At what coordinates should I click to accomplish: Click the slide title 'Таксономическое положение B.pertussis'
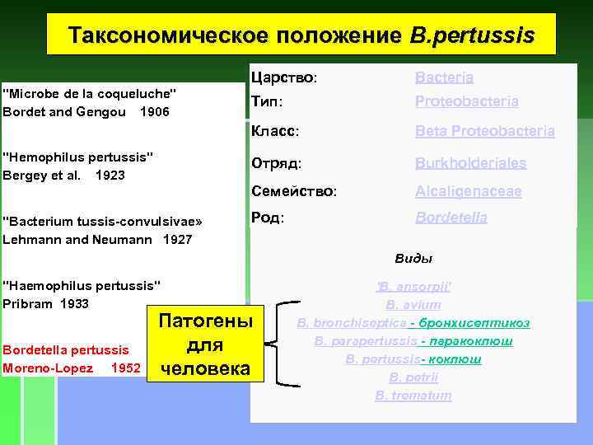click(301, 36)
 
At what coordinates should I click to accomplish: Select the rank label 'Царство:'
click(284, 78)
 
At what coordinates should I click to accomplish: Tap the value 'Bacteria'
click(444, 78)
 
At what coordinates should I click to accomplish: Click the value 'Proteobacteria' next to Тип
click(466, 101)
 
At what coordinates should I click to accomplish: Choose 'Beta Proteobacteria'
click(484, 131)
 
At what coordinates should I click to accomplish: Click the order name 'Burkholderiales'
click(470, 163)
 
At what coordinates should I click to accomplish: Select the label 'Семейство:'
click(293, 191)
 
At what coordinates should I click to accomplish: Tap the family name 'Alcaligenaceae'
click(468, 191)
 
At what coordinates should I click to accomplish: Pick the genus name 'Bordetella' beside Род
click(451, 218)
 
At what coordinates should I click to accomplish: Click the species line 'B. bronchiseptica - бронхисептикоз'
click(413, 323)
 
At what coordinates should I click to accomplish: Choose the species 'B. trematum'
click(413, 396)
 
